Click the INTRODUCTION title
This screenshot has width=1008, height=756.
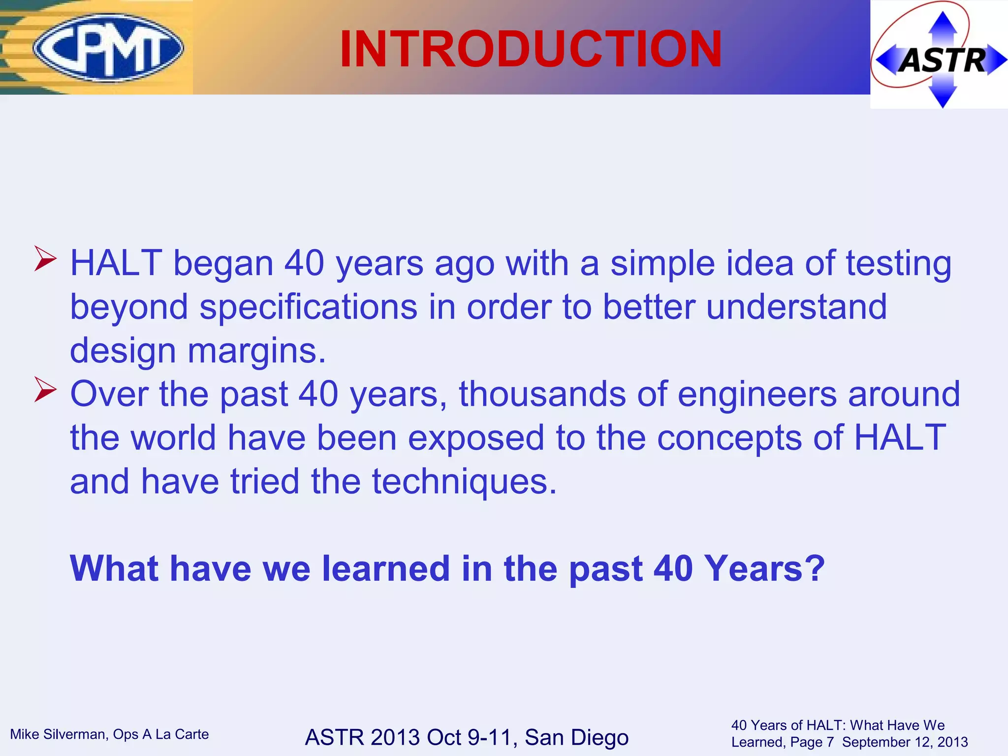tap(531, 49)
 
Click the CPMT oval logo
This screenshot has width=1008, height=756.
tap(108, 48)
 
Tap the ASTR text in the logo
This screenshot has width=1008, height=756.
tap(942, 61)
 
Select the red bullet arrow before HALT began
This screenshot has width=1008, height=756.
tap(46, 259)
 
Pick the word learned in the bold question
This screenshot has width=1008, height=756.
tap(386, 568)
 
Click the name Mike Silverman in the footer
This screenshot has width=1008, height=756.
tap(58, 734)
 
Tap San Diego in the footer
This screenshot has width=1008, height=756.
tap(576, 737)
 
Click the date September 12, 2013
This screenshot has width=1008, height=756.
tap(905, 742)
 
